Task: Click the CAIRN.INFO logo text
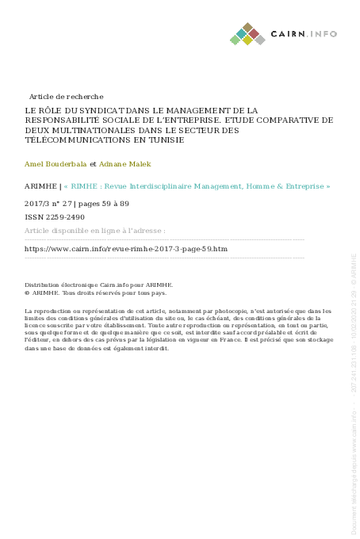pyautogui.click(x=304, y=34)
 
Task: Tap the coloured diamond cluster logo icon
pyautogui.click(x=247, y=34)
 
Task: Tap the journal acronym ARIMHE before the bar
pyautogui.click(x=41, y=187)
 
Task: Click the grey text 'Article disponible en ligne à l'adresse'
pyautogui.click(x=95, y=231)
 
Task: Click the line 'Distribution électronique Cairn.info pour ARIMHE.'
pyautogui.click(x=99, y=284)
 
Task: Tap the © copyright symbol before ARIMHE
pyautogui.click(x=28, y=292)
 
